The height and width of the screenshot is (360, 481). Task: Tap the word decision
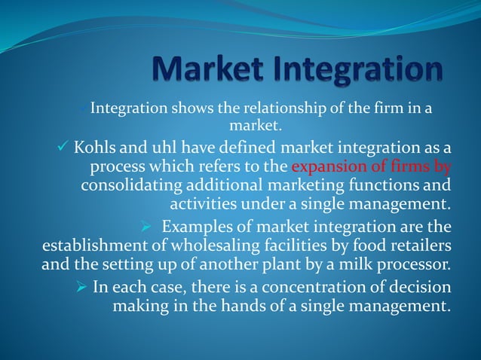[417, 287]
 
